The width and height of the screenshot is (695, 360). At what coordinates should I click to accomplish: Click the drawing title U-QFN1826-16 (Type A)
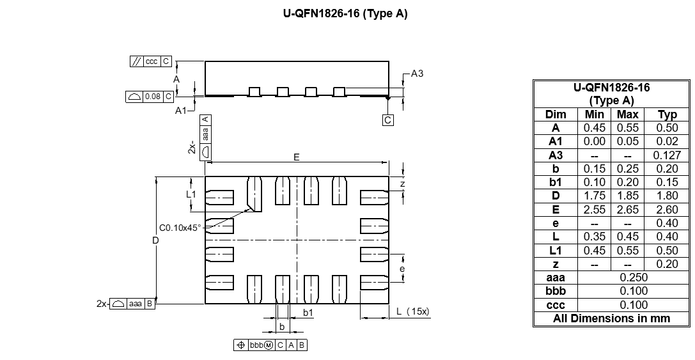click(345, 13)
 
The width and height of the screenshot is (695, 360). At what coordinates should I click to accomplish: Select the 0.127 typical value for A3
click(667, 155)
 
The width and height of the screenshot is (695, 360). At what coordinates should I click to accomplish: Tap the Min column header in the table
click(595, 114)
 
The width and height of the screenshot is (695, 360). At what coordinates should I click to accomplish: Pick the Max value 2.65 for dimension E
click(628, 210)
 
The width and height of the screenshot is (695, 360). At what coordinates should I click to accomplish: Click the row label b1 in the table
click(556, 182)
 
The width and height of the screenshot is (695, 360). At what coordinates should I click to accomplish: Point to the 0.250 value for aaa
click(634, 278)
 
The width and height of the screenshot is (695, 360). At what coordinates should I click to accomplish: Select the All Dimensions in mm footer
click(612, 318)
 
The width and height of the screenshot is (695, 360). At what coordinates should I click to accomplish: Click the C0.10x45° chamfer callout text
click(180, 228)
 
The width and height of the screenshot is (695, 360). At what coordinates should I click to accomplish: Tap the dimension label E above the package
click(297, 157)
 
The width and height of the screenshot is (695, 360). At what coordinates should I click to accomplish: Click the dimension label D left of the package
click(155, 240)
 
